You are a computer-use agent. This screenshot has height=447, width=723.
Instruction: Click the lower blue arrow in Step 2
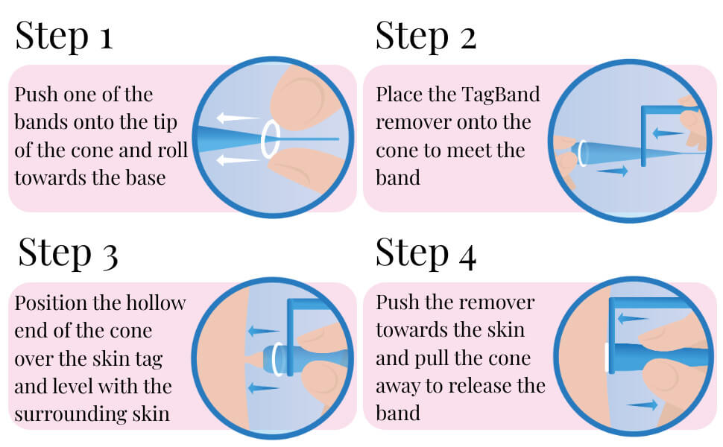(x=611, y=171)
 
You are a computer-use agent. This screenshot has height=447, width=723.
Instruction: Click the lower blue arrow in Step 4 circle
(x=642, y=405)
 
